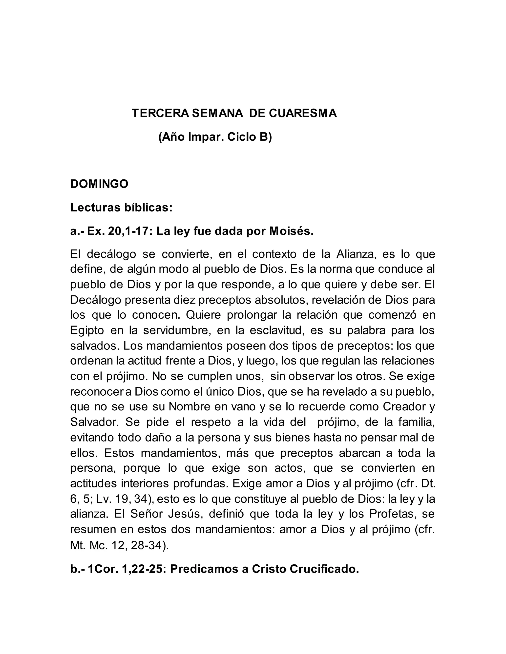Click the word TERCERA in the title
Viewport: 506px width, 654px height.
(x=160, y=114)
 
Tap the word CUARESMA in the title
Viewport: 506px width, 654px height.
(x=303, y=114)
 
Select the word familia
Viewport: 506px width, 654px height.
(x=416, y=422)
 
